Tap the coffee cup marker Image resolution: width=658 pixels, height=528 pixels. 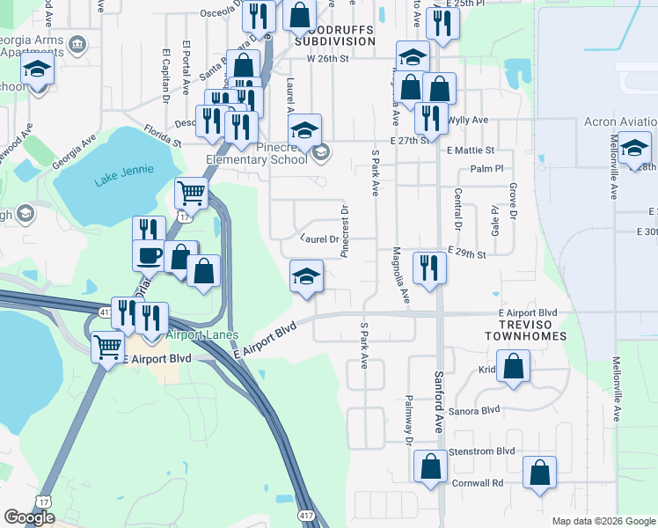tap(149, 256)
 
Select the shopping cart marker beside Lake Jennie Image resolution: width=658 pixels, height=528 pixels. tap(191, 192)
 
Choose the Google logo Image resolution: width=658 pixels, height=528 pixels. tap(29, 517)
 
